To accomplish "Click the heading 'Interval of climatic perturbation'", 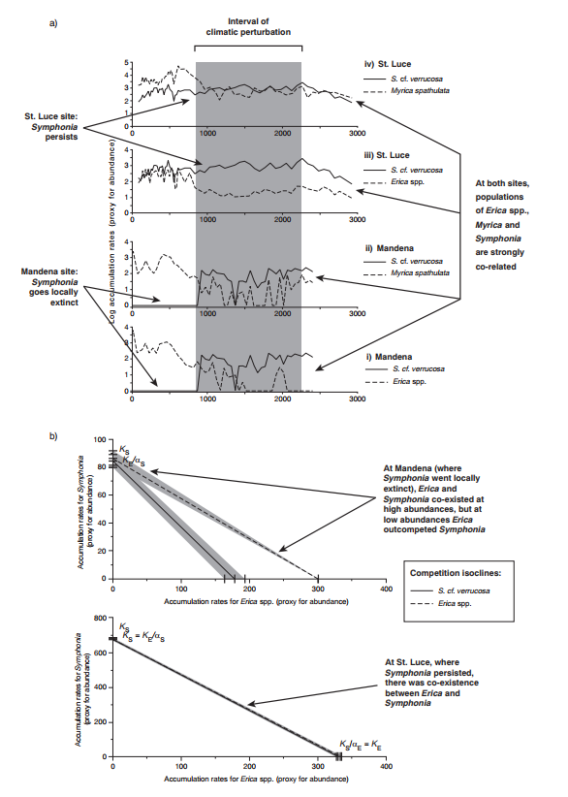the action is pyautogui.click(x=248, y=26).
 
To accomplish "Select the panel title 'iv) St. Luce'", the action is pyautogui.click(x=388, y=64).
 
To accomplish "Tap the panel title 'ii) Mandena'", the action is pyautogui.click(x=389, y=248).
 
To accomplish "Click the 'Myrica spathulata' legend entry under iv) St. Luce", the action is pyautogui.click(x=420, y=90).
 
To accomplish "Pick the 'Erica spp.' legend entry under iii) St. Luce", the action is pyautogui.click(x=407, y=181).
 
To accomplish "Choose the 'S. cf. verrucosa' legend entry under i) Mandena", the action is pyautogui.click(x=419, y=369).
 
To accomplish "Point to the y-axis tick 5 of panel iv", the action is pyautogui.click(x=127, y=62).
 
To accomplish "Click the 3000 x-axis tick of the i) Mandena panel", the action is pyautogui.click(x=357, y=399).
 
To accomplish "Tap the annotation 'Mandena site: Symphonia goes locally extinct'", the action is pyautogui.click(x=49, y=287).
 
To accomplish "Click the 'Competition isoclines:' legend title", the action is pyautogui.click(x=456, y=573).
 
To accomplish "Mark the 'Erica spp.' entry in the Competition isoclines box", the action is pyautogui.click(x=455, y=604).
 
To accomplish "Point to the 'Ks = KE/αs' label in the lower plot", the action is pyautogui.click(x=143, y=636).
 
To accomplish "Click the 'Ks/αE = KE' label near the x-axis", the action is pyautogui.click(x=361, y=746).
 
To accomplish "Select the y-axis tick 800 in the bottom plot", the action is pyautogui.click(x=101, y=618).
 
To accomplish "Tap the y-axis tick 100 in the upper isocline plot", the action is pyautogui.click(x=101, y=439).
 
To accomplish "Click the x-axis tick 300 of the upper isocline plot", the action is pyautogui.click(x=318, y=589).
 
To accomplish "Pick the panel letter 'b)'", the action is pyautogui.click(x=53, y=436).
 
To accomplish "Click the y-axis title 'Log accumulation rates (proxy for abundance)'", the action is pyautogui.click(x=112, y=233).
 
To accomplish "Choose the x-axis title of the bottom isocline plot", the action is pyautogui.click(x=256, y=779).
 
